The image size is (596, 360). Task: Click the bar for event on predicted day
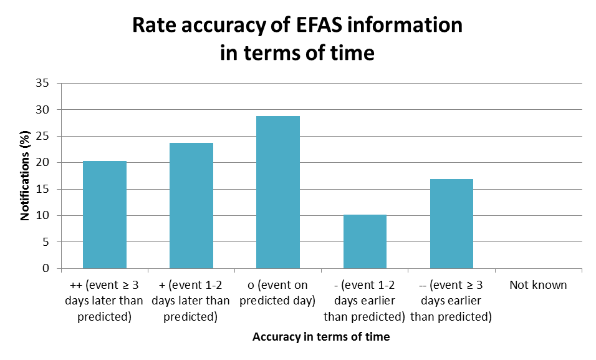click(x=278, y=192)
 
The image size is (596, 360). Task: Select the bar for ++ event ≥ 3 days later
click(x=105, y=215)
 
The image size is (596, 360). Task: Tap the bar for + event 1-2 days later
click(x=191, y=206)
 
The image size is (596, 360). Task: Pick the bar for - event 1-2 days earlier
click(x=365, y=241)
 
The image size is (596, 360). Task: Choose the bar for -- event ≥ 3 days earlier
click(x=451, y=224)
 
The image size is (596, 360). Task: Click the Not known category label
click(x=538, y=285)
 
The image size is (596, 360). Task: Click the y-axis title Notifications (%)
click(x=26, y=175)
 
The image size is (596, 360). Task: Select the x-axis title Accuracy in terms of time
click(x=321, y=337)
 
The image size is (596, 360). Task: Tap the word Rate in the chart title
click(x=156, y=26)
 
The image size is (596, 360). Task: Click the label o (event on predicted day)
click(x=278, y=293)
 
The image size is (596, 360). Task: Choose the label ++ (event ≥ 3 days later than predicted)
click(x=105, y=301)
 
